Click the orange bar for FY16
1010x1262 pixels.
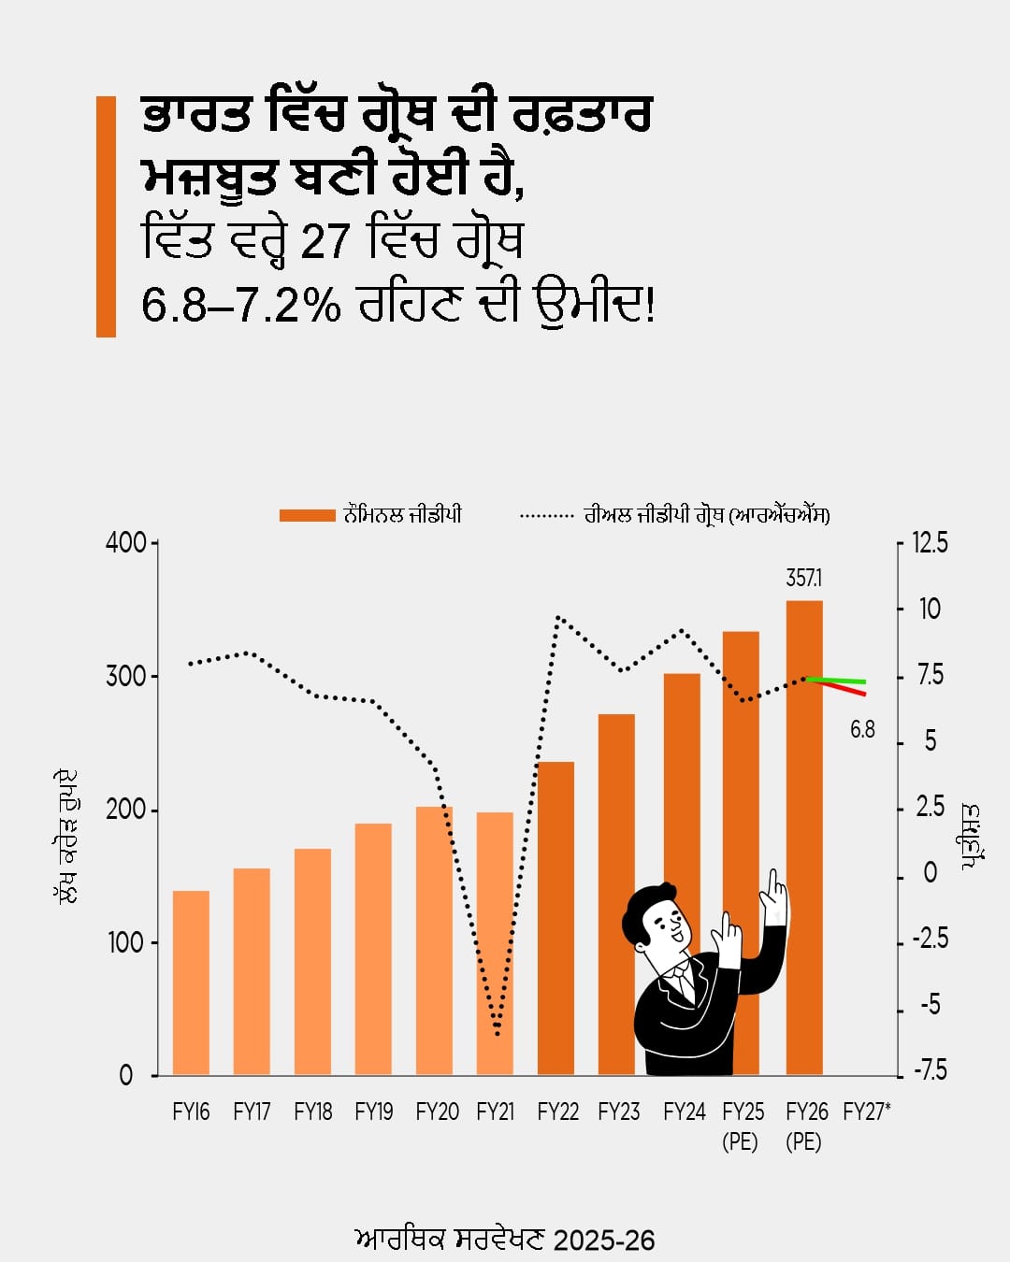pyautogui.click(x=191, y=982)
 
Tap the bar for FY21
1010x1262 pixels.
pyautogui.click(x=495, y=935)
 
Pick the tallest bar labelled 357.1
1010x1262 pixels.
pyautogui.click(x=804, y=795)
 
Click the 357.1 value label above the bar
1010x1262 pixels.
pyautogui.click(x=804, y=579)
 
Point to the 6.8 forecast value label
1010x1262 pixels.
pyautogui.click(x=862, y=730)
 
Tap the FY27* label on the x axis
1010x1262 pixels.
pyautogui.click(x=866, y=1111)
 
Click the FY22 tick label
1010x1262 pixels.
pyautogui.click(x=557, y=1111)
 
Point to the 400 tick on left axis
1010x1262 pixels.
pyautogui.click(x=125, y=543)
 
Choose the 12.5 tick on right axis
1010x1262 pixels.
pyautogui.click(x=930, y=543)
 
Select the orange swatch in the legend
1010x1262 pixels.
pyautogui.click(x=307, y=515)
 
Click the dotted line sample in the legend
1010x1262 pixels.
pyautogui.click(x=546, y=515)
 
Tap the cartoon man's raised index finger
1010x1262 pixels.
pyautogui.click(x=773, y=882)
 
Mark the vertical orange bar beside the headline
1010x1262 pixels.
pyautogui.click(x=106, y=216)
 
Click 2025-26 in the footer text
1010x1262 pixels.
pyautogui.click(x=604, y=1240)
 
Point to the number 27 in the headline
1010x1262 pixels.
pyautogui.click(x=325, y=241)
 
